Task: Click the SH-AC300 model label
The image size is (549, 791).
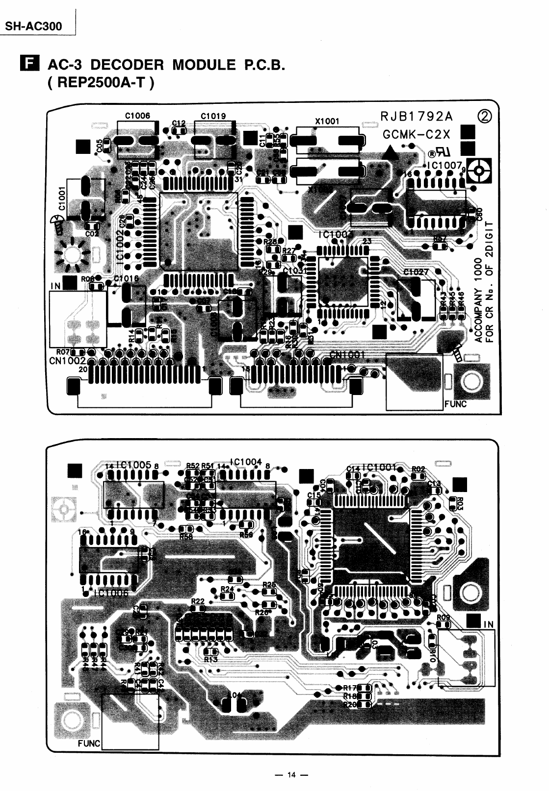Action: tap(33, 25)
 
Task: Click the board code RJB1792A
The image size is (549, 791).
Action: tap(417, 117)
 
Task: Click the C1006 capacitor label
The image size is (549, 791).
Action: tap(137, 116)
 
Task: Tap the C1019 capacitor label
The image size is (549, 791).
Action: tap(213, 116)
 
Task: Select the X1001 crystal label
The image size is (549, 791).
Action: tap(327, 121)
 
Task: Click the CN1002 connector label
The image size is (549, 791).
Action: tap(68, 361)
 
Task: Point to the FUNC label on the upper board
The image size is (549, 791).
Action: tap(455, 404)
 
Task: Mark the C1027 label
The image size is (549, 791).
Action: tap(416, 272)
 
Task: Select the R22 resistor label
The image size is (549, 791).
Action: tap(198, 601)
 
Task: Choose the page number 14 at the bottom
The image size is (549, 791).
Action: tap(291, 775)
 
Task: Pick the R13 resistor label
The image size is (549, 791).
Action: tap(210, 659)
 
